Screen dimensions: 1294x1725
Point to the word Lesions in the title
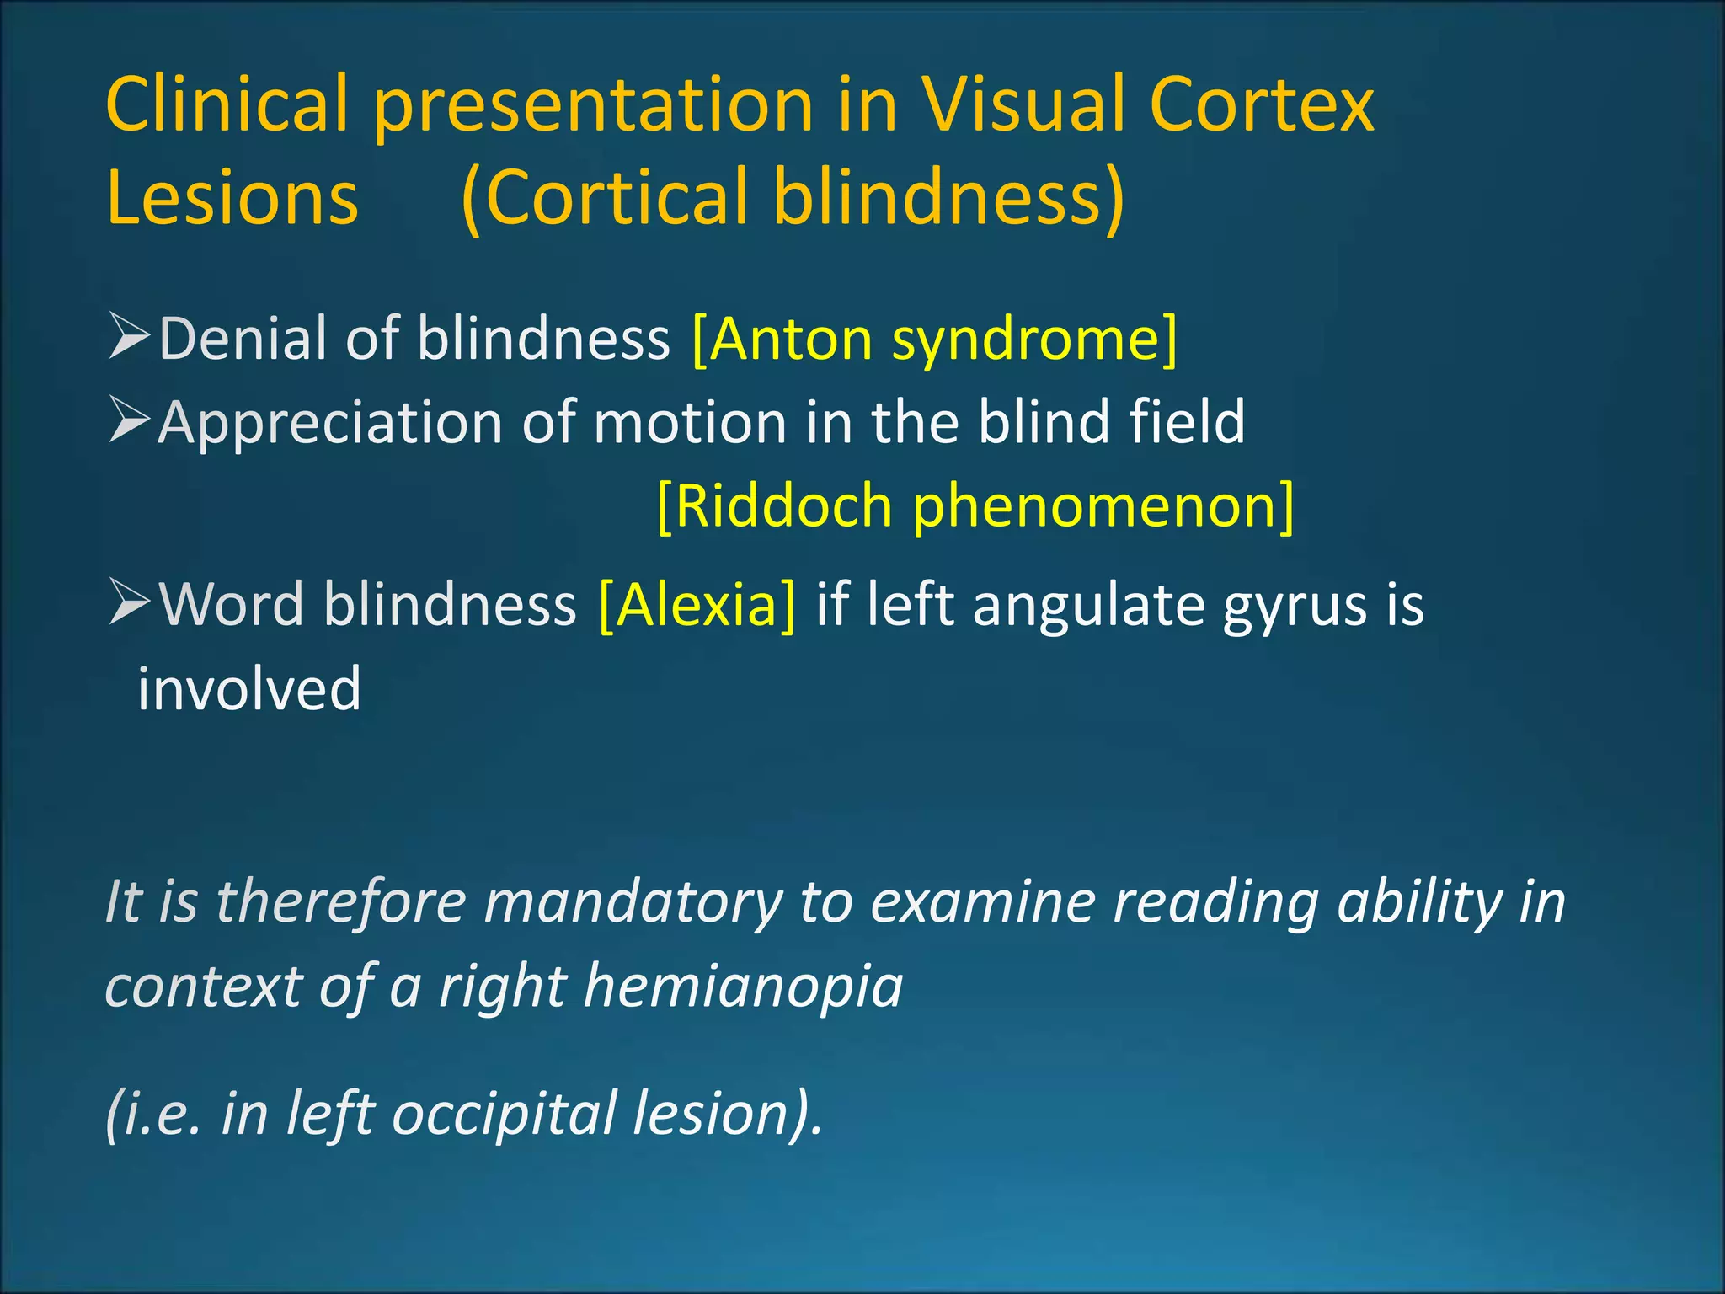(x=232, y=198)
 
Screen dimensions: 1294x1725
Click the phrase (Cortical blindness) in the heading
(x=793, y=198)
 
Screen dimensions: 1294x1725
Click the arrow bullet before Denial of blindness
(x=129, y=336)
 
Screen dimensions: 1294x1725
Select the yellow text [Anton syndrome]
(x=934, y=339)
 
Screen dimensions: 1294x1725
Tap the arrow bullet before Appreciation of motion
(x=129, y=420)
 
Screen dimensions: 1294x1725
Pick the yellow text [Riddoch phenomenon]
(x=975, y=505)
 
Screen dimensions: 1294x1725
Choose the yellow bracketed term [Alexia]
(x=697, y=605)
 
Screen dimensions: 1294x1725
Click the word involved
(x=249, y=688)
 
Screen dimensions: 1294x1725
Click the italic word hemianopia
(x=744, y=986)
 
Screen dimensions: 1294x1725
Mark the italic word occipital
(x=505, y=1114)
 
